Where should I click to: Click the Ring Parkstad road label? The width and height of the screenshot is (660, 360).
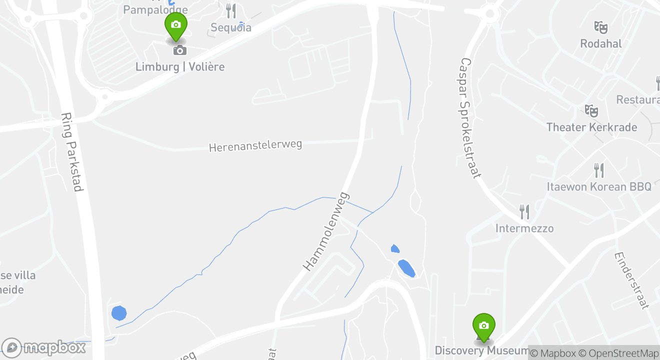pyautogui.click(x=71, y=151)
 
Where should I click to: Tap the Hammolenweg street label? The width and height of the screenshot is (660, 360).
pyautogui.click(x=325, y=231)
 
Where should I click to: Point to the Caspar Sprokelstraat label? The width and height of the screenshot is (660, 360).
pyautogui.click(x=470, y=118)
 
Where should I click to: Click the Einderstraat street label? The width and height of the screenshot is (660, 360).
pyautogui.click(x=631, y=280)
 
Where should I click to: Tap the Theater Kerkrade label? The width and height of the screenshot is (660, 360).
pyautogui.click(x=591, y=127)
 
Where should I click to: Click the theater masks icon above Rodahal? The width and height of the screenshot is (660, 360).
pyautogui.click(x=600, y=27)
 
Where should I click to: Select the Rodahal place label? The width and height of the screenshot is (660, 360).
pyautogui.click(x=600, y=43)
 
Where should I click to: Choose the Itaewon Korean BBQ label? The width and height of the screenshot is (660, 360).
pyautogui.click(x=599, y=187)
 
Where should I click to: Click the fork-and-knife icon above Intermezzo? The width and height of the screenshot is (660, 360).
pyautogui.click(x=524, y=212)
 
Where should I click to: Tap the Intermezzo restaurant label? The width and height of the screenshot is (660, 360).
pyautogui.click(x=524, y=228)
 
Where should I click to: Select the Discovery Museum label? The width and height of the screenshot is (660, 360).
pyautogui.click(x=481, y=350)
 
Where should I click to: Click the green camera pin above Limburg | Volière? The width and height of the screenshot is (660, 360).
pyautogui.click(x=175, y=25)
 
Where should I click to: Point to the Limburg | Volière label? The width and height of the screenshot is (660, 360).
pyautogui.click(x=180, y=66)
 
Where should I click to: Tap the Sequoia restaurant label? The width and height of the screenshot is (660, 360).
pyautogui.click(x=230, y=27)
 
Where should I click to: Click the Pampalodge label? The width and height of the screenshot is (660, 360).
pyautogui.click(x=155, y=9)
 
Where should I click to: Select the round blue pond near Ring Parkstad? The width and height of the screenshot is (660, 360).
pyautogui.click(x=118, y=313)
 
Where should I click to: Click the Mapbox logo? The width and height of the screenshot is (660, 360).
pyautogui.click(x=44, y=347)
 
